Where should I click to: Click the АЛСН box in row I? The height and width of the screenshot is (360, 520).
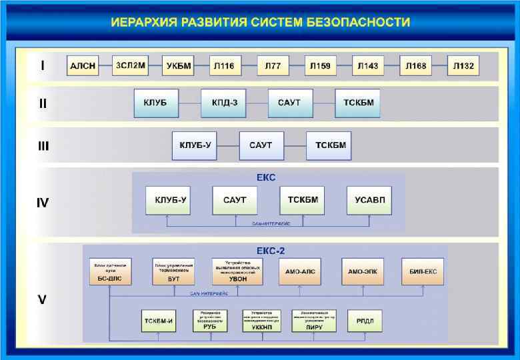pos(83,66)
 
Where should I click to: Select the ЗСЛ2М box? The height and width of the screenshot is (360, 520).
pos(130,65)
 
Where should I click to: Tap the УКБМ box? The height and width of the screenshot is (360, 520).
pos(178,66)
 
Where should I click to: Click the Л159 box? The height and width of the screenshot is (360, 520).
pos(319,66)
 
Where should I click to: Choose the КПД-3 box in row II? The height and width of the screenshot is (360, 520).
pos(224,103)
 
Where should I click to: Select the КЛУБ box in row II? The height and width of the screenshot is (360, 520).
pos(156,103)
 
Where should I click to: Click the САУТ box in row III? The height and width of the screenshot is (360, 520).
pos(261,145)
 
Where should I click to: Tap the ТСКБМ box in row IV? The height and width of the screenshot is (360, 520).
pos(303,200)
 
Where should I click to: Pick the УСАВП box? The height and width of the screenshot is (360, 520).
pos(369,200)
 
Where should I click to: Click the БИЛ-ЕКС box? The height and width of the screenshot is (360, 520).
pos(423,271)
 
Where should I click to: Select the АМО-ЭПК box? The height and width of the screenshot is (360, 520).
pos(364,271)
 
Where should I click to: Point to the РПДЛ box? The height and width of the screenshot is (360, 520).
pos(365,321)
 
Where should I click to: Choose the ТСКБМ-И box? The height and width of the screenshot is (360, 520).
pos(159,321)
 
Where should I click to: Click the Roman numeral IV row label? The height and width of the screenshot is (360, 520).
pos(42,203)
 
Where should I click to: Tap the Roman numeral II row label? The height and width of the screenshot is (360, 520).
pos(42,104)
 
